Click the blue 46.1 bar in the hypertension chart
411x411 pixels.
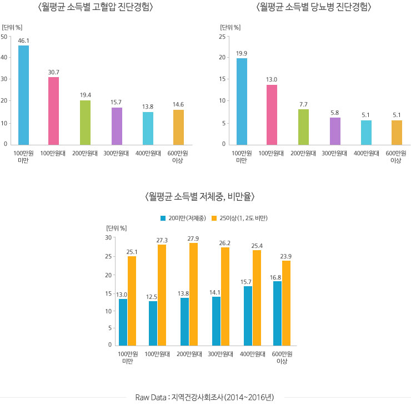(x=23, y=95)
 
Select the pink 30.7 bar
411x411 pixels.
(x=53, y=110)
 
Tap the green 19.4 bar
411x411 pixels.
(x=85, y=122)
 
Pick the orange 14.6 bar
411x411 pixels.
(x=178, y=127)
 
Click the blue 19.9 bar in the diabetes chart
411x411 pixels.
(x=242, y=101)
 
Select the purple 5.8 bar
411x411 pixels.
(x=335, y=131)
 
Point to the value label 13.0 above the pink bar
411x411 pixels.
(x=272, y=79)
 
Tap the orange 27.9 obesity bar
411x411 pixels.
(x=193, y=294)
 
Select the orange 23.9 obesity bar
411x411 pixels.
(x=286, y=302)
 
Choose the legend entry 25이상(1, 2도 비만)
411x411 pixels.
(x=239, y=218)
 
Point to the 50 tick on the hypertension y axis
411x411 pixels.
(x=4, y=37)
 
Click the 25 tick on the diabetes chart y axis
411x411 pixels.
(x=222, y=37)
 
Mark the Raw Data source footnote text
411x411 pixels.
(x=208, y=397)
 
